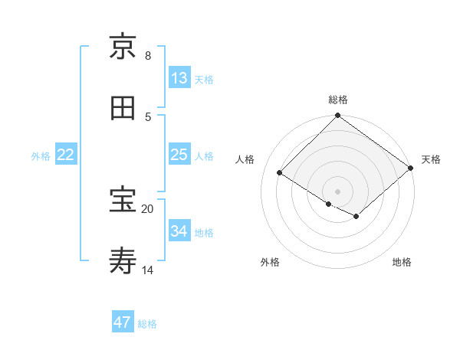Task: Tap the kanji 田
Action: click(x=123, y=109)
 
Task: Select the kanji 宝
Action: click(x=123, y=202)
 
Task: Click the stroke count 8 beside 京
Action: click(x=148, y=56)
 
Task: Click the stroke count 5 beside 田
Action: click(x=148, y=116)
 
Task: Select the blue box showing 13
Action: click(x=179, y=78)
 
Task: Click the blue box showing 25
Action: click(x=179, y=155)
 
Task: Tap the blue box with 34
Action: click(x=179, y=231)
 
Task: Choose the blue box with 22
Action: click(x=65, y=155)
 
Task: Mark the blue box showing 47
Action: click(x=122, y=322)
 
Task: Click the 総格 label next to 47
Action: click(x=147, y=324)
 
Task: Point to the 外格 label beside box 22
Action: click(x=41, y=156)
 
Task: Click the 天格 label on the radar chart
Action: click(x=431, y=159)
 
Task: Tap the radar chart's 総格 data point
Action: click(x=337, y=116)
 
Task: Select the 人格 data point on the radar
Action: click(x=280, y=173)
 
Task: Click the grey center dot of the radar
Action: click(x=337, y=190)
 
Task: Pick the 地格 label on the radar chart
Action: click(x=402, y=262)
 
